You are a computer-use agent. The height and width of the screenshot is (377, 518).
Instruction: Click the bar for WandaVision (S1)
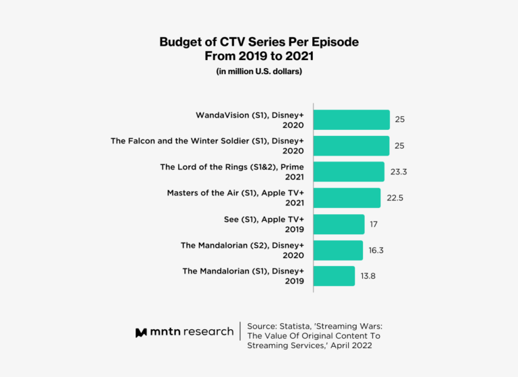pos(351,120)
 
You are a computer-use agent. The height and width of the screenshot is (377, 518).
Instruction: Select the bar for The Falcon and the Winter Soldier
pos(351,146)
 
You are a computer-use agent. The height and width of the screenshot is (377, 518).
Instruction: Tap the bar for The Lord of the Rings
pos(349,172)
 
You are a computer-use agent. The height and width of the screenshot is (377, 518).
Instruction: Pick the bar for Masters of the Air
pos(347,198)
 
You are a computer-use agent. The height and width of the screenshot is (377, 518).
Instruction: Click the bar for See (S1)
pos(339,224)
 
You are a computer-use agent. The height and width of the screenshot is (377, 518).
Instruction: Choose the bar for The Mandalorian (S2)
pos(338,250)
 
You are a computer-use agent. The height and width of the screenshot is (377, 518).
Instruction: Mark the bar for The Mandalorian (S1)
pos(335,276)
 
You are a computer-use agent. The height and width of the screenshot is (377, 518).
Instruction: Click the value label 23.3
pos(399,172)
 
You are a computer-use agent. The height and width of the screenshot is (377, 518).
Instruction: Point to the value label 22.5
pos(395,198)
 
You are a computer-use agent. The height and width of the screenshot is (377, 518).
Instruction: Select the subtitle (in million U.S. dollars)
pos(259,72)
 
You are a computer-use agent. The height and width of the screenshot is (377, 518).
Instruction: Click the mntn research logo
pos(184,332)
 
